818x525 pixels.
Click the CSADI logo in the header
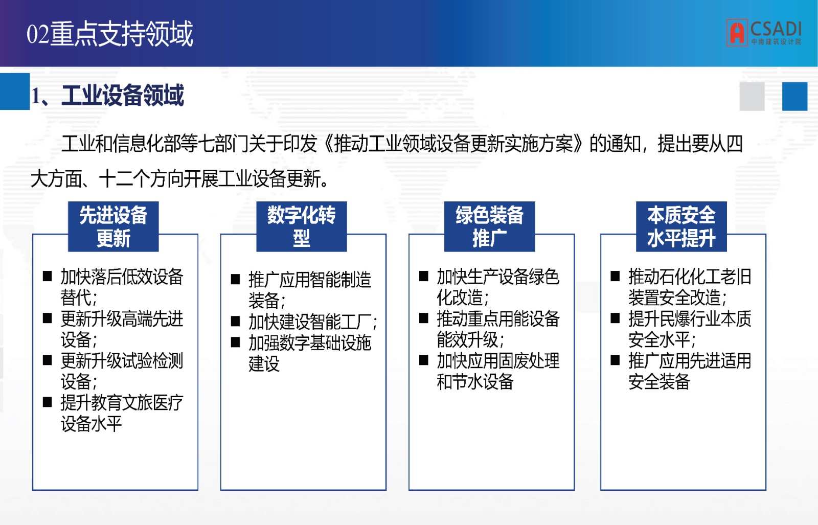[764, 33]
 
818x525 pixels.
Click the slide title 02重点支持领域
[109, 34]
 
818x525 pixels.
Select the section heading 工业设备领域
[122, 96]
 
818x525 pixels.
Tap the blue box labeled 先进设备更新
[113, 226]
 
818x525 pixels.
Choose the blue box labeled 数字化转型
[302, 226]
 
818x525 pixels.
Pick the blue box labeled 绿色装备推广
[490, 226]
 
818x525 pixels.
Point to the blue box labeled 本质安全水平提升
[681, 226]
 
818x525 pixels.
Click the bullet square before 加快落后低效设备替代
[47, 276]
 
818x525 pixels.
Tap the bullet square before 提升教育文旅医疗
[47, 402]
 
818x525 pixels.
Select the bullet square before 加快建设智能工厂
[236, 321]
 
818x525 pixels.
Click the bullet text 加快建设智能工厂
[312, 322]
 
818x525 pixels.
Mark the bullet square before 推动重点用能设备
[424, 318]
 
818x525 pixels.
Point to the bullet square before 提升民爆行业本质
[616, 318]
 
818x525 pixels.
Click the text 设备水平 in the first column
[92, 423]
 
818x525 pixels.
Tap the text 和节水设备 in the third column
[475, 381]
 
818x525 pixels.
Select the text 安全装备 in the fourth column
[659, 381]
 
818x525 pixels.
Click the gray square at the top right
[752, 97]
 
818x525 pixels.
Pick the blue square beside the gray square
[794, 97]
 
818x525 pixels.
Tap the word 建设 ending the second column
[264, 363]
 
